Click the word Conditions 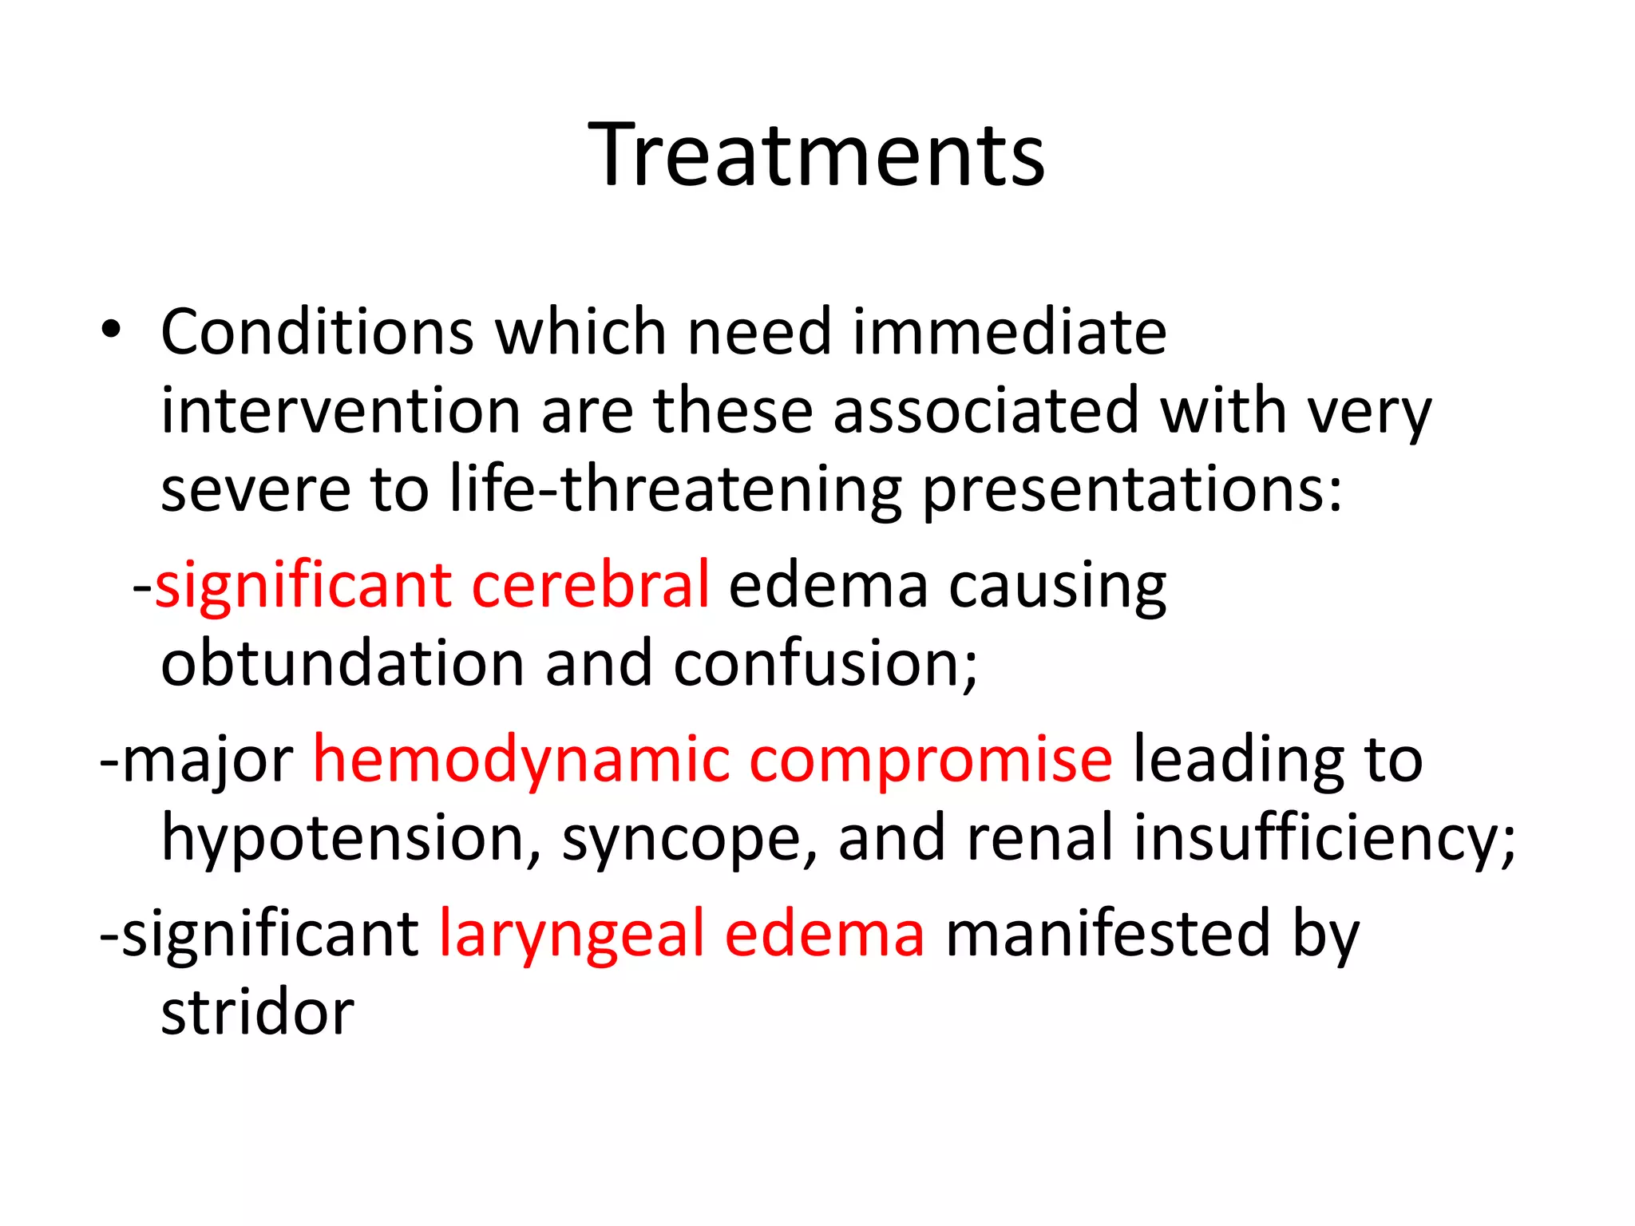click(318, 332)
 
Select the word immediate click(1009, 332)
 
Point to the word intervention click(341, 411)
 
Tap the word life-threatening click(675, 489)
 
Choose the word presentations click(1132, 491)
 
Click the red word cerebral click(590, 585)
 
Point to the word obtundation click(342, 663)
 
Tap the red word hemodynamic click(521, 759)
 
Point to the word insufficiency click(1323, 839)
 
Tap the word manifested click(1107, 933)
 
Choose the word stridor click(257, 1012)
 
